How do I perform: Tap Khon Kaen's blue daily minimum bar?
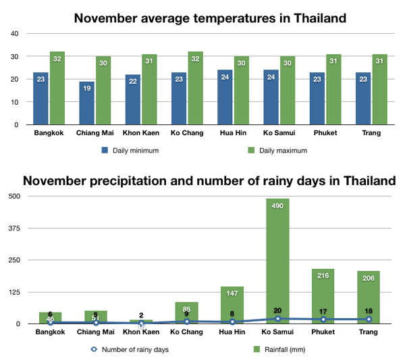133,99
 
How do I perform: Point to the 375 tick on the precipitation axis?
13,228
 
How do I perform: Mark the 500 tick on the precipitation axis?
13,196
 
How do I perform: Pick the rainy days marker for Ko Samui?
277,318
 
